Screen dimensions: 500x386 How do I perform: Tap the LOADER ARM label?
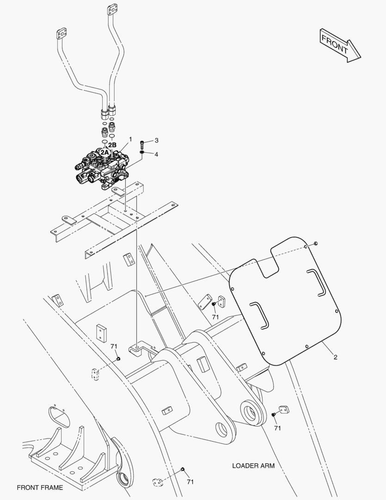(x=253, y=466)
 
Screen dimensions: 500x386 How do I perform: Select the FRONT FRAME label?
(x=40, y=487)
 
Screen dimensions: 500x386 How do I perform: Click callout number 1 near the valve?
(x=130, y=139)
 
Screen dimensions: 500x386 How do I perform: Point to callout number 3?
(x=156, y=140)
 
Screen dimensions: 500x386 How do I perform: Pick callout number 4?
(x=156, y=154)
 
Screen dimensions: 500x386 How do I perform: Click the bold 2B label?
(x=112, y=145)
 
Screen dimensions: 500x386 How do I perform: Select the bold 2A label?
(x=105, y=152)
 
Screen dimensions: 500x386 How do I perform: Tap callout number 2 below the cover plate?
(x=335, y=357)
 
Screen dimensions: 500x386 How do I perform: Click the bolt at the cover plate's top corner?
(x=315, y=243)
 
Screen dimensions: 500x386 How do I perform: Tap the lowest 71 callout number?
(x=190, y=482)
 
